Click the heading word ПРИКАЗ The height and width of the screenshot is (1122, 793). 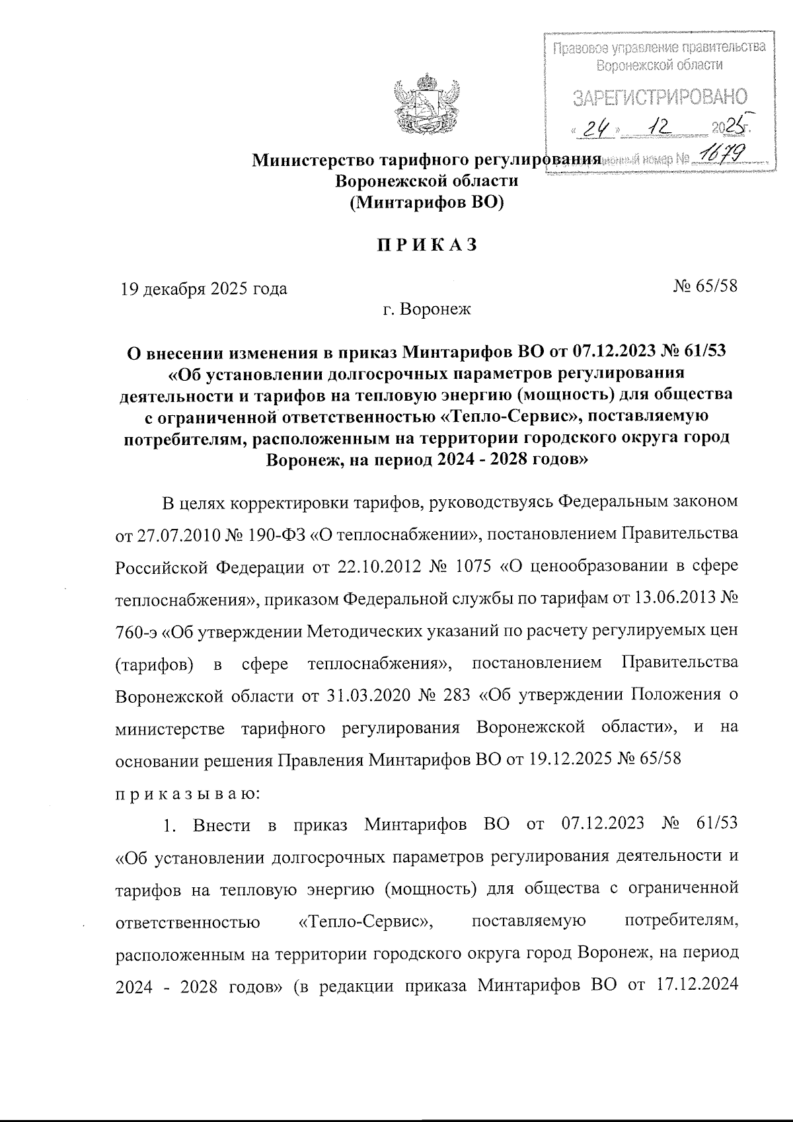[426, 245]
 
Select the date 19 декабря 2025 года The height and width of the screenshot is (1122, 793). [203, 289]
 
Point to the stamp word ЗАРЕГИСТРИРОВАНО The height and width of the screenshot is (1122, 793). [659, 97]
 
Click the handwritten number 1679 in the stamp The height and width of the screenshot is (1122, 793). [724, 155]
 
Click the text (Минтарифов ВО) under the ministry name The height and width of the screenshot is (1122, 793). [426, 202]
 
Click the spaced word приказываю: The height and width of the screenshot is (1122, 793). [187, 792]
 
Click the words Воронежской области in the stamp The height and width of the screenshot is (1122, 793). [659, 65]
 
